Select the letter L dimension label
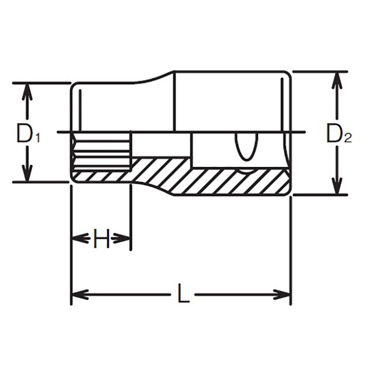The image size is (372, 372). (184, 294)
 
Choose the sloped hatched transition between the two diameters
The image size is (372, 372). (153, 174)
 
